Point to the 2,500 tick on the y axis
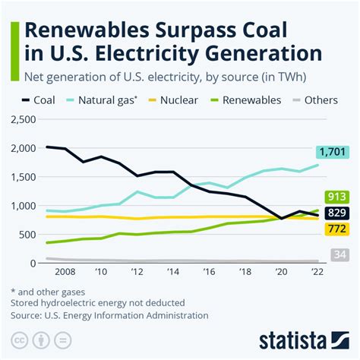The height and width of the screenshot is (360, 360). point(22,120)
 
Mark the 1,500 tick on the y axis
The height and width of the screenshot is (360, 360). point(22,177)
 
